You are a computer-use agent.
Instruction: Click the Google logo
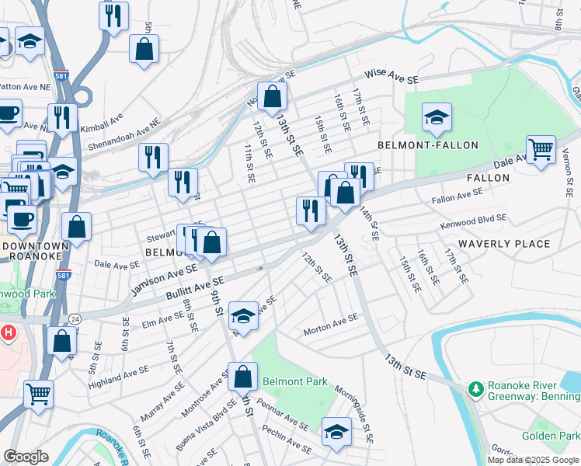pyautogui.click(x=26, y=457)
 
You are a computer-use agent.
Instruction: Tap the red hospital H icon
pyautogui.click(x=9, y=333)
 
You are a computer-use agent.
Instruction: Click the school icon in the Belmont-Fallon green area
pyautogui.click(x=437, y=118)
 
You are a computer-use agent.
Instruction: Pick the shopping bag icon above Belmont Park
pyautogui.click(x=242, y=377)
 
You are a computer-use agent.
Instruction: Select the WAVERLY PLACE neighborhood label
pyautogui.click(x=505, y=244)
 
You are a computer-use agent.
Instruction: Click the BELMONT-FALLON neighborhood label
pyautogui.click(x=426, y=145)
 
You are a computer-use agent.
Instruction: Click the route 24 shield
pyautogui.click(x=75, y=318)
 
